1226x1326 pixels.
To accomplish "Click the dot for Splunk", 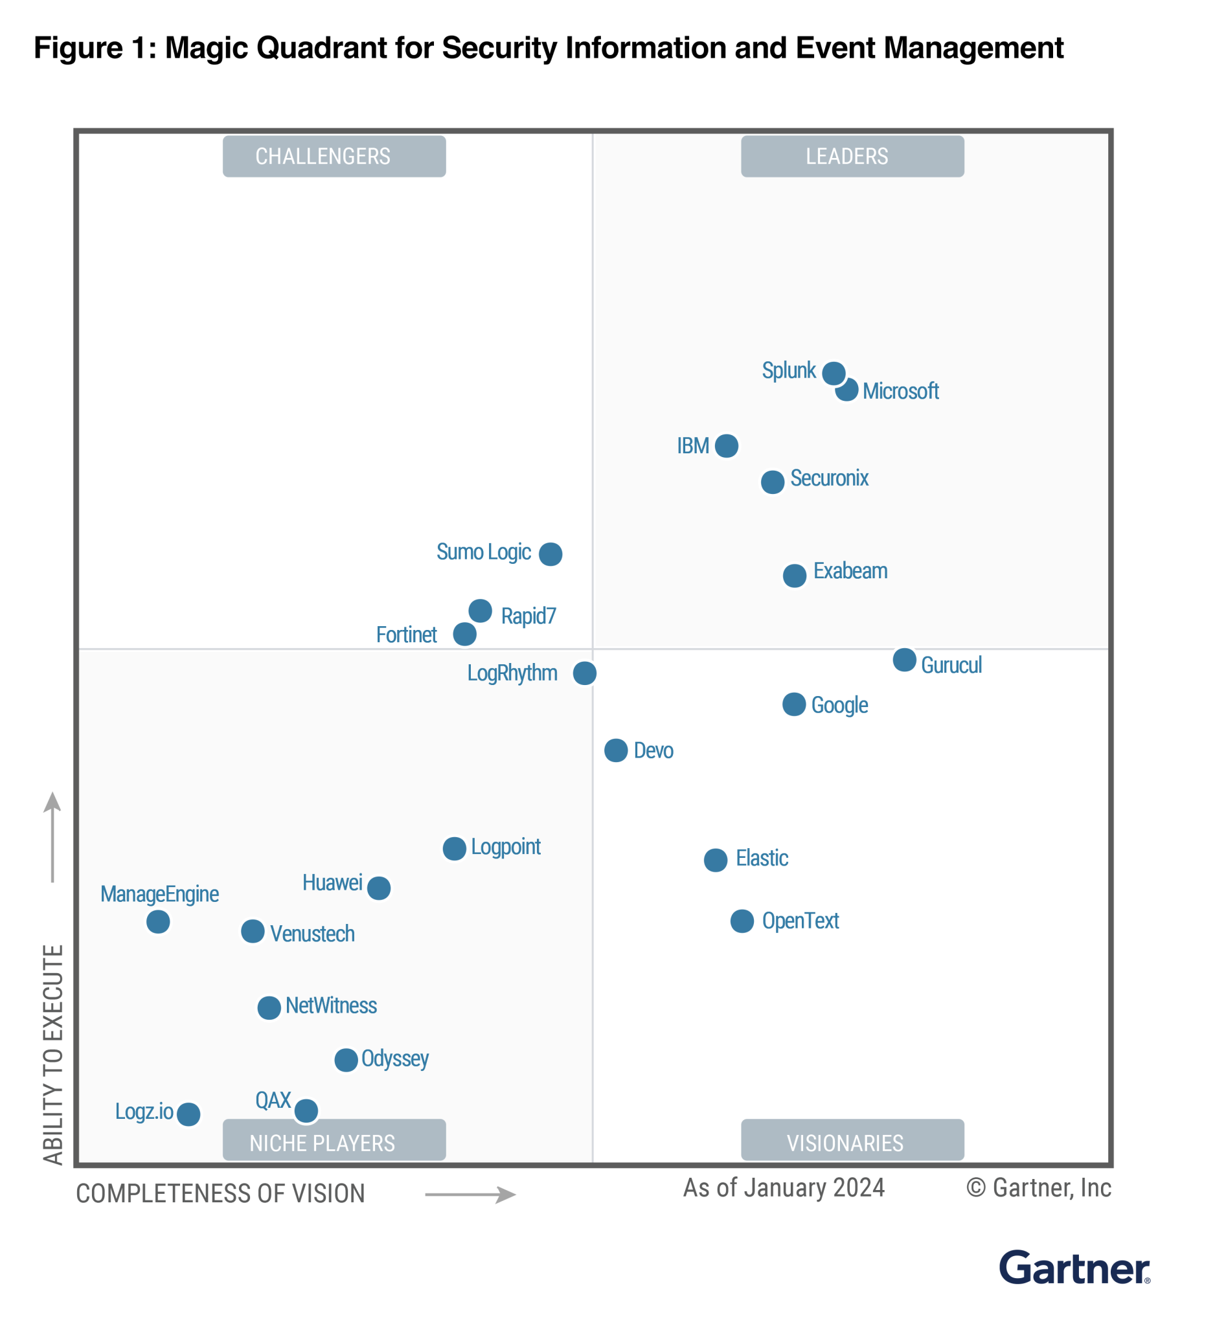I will [834, 373].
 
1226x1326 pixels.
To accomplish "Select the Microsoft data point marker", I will [847, 390].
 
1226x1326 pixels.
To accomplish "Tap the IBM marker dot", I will [727, 445].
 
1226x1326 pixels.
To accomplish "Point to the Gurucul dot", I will [904, 660].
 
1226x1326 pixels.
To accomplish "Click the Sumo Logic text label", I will [484, 552].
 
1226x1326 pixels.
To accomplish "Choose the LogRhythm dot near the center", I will [584, 673].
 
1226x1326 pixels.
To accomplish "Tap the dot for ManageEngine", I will [158, 921].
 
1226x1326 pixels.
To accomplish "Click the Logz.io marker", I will [188, 1114].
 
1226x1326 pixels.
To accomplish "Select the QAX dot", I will [306, 1110].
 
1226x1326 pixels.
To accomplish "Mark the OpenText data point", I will [742, 921].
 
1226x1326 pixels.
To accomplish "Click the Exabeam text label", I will [850, 571].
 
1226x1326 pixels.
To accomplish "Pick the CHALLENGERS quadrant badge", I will [334, 157].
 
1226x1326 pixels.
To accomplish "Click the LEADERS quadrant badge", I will [852, 157].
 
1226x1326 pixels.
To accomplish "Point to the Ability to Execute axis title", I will [53, 1055].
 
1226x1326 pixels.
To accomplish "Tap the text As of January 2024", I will [784, 1188].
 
